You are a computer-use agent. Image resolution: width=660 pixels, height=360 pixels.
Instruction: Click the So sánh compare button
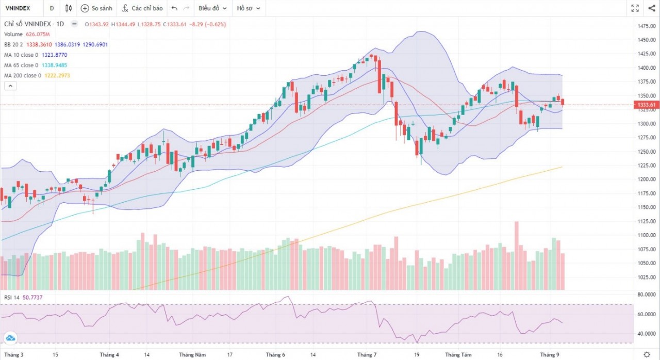96,8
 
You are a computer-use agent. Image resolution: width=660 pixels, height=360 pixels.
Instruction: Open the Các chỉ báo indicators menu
142,8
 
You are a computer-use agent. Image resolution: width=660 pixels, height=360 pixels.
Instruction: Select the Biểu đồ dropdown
212,8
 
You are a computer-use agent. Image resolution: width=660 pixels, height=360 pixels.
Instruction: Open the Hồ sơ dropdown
249,8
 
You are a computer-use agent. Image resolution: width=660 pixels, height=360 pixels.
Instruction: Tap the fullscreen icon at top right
635,8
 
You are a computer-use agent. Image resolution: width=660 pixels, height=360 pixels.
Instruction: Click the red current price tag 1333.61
647,105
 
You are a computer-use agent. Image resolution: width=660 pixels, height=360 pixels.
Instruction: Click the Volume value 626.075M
38,34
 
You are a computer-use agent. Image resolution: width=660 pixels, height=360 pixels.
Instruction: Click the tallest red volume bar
516,255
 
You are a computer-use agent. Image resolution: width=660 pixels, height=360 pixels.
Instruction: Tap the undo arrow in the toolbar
174,8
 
